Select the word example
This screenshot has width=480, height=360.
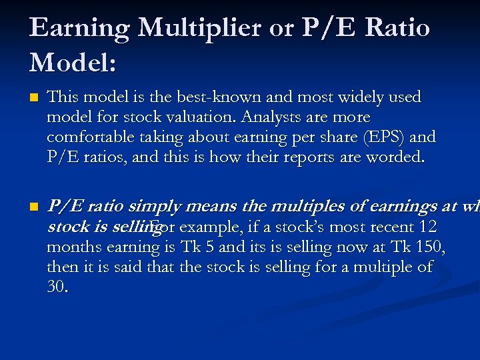coord(210,227)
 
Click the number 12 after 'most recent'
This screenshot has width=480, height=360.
coord(424,227)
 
